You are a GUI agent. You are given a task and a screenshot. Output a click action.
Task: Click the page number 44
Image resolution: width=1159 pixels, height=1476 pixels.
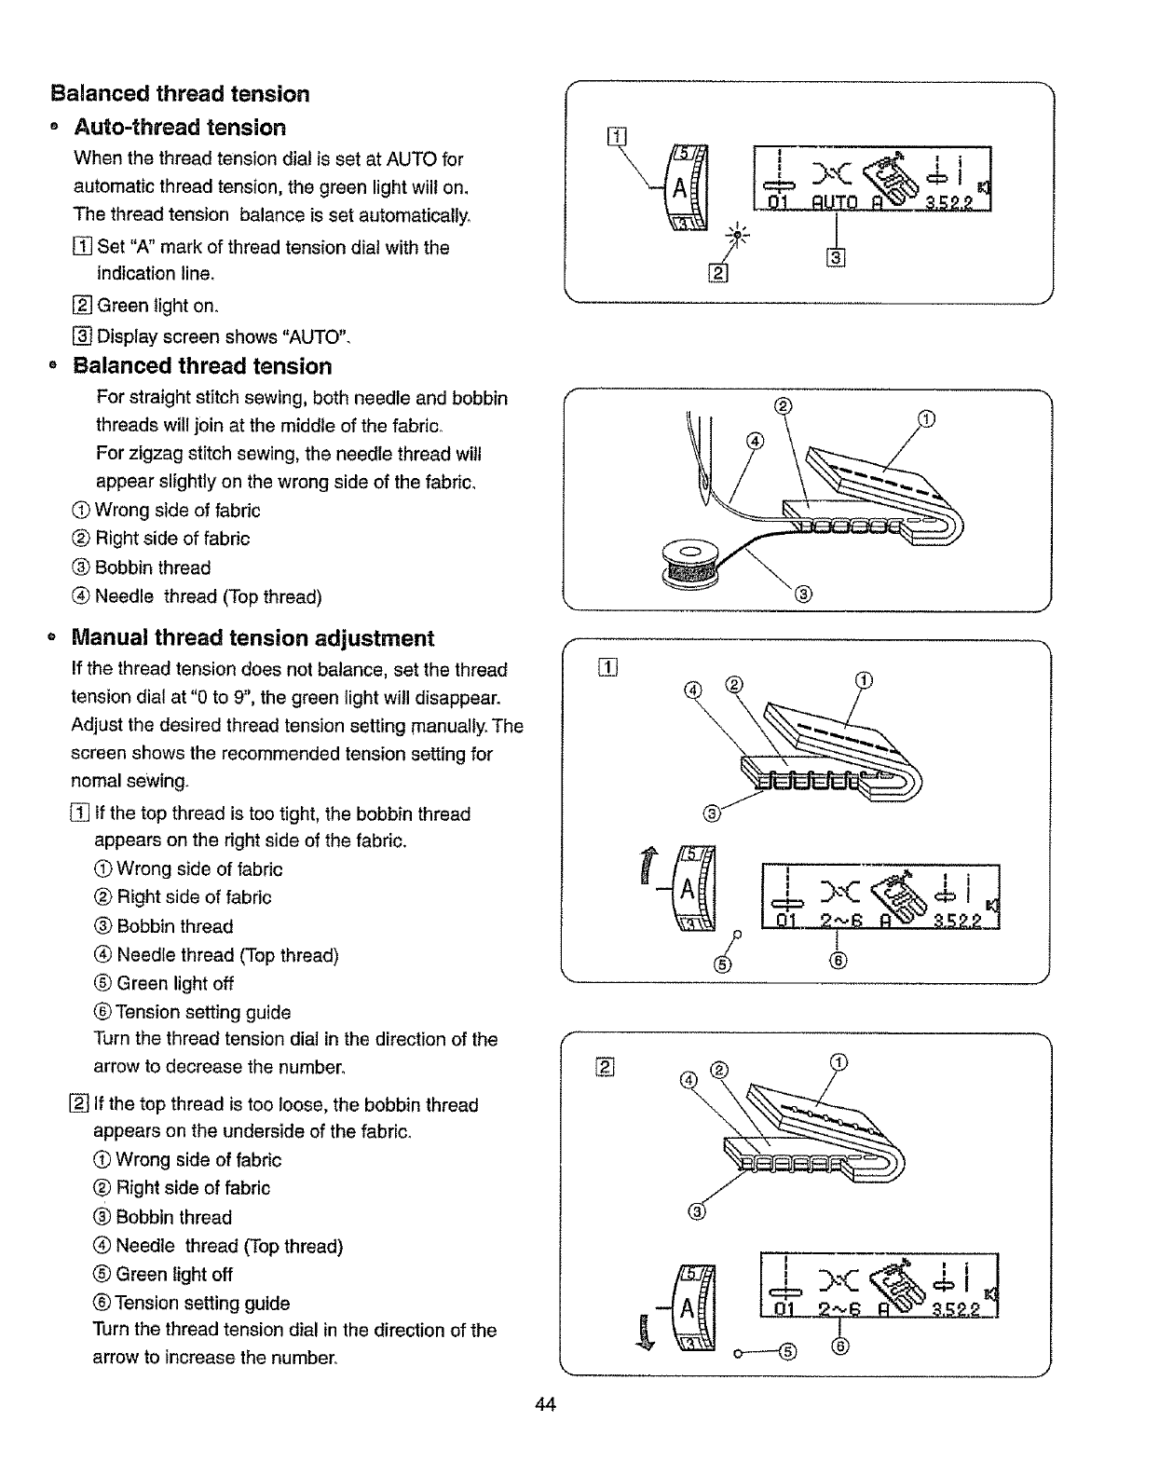tap(546, 1405)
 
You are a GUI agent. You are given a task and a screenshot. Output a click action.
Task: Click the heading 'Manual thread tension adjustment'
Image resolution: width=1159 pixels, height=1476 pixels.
tap(252, 638)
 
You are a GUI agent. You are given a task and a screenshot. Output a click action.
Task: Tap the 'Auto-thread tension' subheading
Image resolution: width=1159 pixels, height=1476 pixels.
tap(180, 128)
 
